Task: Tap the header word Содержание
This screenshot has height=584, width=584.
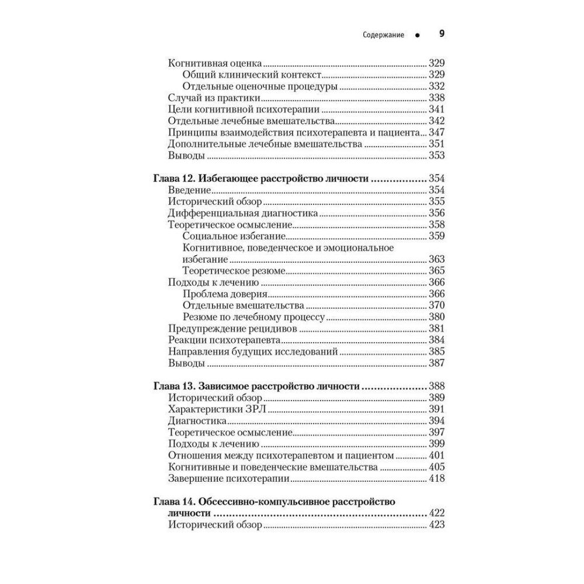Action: [x=383, y=36]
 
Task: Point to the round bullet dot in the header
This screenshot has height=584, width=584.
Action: [x=417, y=36]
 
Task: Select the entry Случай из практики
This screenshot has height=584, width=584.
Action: [x=206, y=98]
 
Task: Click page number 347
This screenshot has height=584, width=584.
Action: [x=436, y=133]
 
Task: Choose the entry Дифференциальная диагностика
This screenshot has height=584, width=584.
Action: [x=242, y=213]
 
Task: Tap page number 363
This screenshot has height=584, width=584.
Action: [x=436, y=259]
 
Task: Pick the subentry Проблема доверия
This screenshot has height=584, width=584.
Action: [x=225, y=294]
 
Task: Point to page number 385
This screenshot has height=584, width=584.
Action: [x=436, y=352]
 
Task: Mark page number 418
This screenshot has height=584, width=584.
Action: [x=436, y=479]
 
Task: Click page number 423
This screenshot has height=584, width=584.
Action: [x=436, y=525]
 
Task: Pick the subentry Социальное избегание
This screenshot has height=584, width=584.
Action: [x=234, y=236]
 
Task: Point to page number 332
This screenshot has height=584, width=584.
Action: [x=436, y=86]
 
